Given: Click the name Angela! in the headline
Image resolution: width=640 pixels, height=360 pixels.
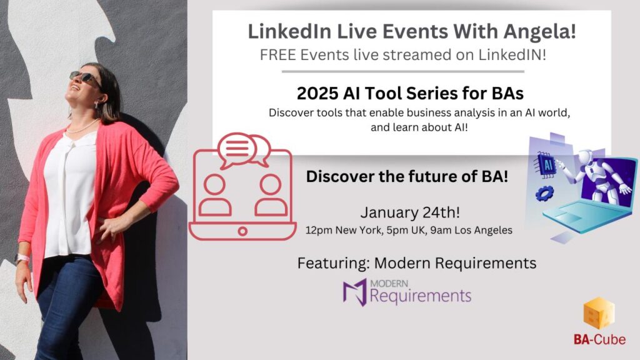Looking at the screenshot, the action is pos(539,32).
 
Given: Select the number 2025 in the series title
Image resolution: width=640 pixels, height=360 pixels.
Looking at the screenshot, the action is pos(317,94).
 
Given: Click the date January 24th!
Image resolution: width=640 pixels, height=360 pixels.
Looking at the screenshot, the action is pos(410,212).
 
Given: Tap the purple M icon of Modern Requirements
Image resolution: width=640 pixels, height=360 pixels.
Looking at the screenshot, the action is pos(355,292).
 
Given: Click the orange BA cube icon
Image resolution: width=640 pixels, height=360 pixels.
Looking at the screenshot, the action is pos(599,314).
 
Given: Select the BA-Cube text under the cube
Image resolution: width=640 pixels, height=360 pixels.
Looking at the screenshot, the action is pos(599,339).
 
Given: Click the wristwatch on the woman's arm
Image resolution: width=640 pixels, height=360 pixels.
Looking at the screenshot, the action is pos(22,258).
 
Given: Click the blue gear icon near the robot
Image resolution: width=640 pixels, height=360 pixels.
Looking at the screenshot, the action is pos(544,193).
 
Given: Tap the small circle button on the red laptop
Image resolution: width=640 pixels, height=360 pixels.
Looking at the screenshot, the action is pos(242,231).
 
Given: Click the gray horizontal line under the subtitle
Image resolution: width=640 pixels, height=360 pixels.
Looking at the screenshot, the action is pos(403,71).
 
